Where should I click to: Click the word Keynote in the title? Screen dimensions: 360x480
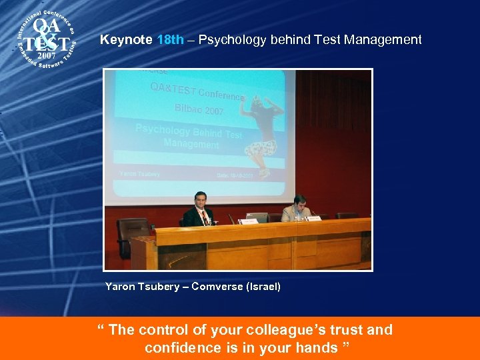point(127,40)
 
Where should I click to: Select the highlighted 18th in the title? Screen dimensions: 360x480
point(169,40)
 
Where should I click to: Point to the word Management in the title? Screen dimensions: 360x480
point(383,40)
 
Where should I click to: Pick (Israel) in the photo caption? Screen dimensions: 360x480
point(263,287)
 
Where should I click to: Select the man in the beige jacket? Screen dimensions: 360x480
point(298,209)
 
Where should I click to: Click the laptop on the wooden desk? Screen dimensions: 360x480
point(258,217)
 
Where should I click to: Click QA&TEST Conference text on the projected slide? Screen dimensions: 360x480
point(197,91)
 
